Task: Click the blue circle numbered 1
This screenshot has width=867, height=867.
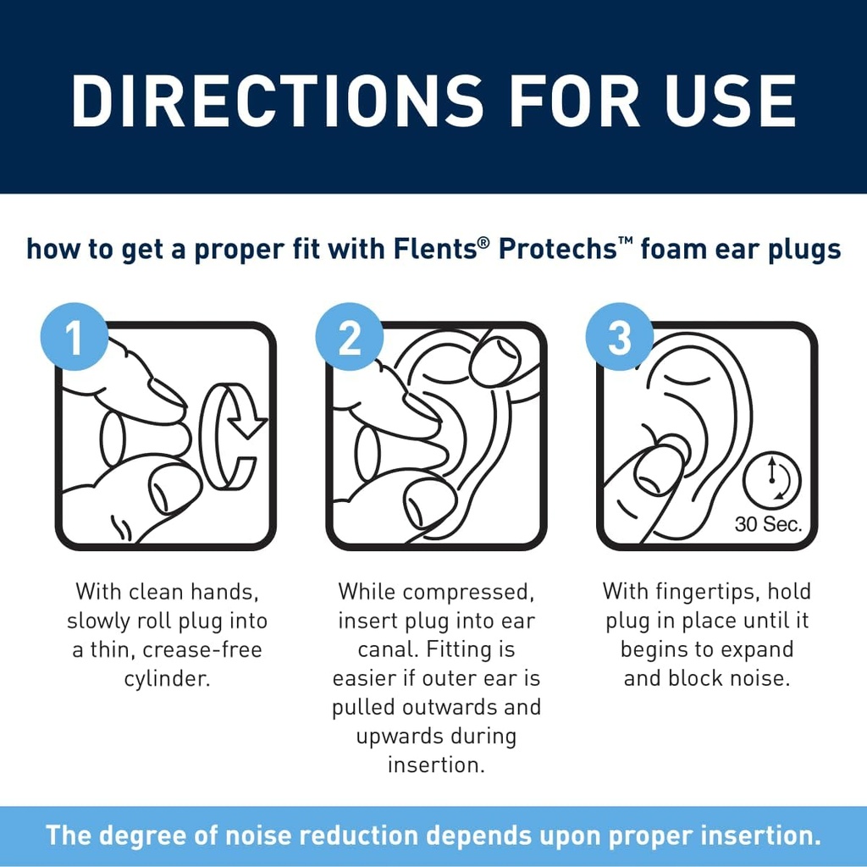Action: (75, 339)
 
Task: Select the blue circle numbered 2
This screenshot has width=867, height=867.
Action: (349, 339)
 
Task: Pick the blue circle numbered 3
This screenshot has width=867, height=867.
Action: (619, 339)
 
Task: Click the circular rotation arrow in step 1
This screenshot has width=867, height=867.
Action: (235, 435)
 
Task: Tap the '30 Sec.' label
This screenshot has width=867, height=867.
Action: (767, 524)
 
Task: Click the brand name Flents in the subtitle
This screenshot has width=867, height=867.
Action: (430, 250)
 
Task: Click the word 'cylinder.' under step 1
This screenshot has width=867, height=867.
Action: (165, 679)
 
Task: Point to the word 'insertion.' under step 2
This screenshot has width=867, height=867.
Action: (436, 765)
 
